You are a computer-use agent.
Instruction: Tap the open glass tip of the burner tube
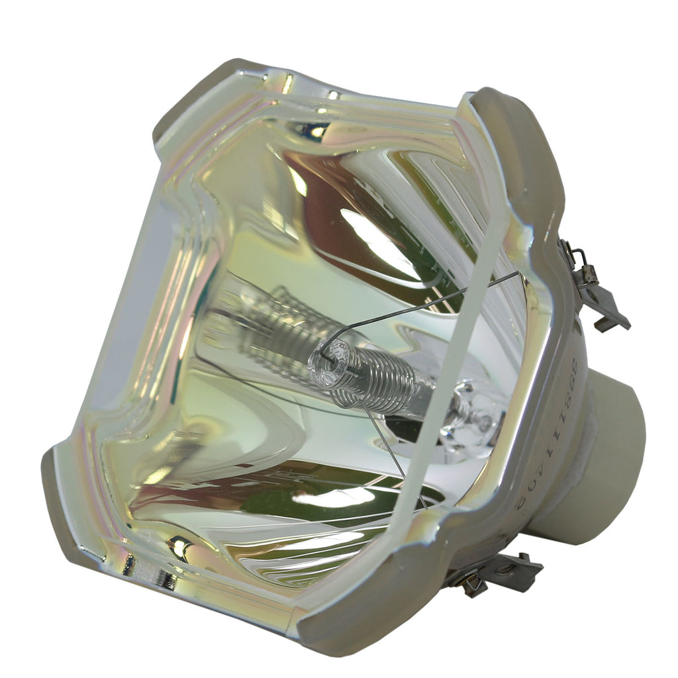click(328, 358)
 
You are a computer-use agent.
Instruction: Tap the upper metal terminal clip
click(596, 291)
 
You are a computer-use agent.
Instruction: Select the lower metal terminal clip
click(497, 573)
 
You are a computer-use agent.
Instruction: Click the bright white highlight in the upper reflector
click(377, 238)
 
